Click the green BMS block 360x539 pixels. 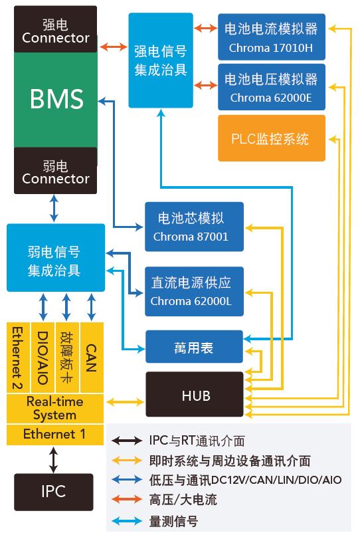tap(56, 100)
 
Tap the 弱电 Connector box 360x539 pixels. tap(56, 171)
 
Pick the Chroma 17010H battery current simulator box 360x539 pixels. tap(271, 37)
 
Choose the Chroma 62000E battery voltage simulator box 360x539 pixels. tap(271, 88)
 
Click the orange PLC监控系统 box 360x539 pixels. tap(271, 138)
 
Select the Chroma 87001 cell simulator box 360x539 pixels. tap(194, 227)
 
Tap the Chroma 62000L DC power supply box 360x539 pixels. tap(194, 291)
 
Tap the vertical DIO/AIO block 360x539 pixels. tap(43, 358)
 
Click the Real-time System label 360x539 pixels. tap(54, 408)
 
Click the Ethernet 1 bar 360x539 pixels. tap(54, 435)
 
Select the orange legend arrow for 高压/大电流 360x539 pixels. tap(128, 499)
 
